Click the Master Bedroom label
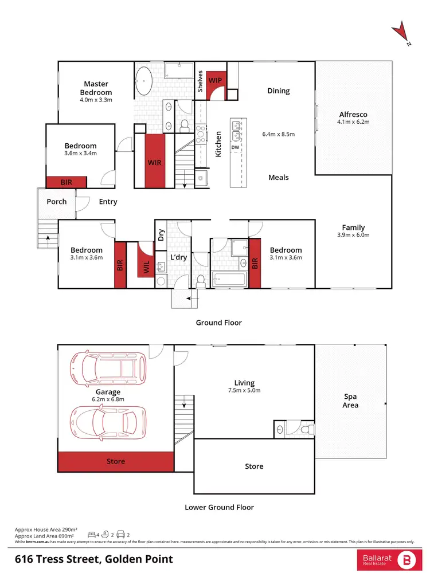[96, 88]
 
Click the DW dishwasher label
[235, 147]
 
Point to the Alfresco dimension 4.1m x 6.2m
[353, 121]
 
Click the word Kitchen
[218, 144]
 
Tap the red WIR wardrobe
[155, 162]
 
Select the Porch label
[57, 201]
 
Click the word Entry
[108, 201]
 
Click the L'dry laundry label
[179, 258]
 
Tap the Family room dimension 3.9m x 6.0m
[353, 235]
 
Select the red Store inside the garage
[115, 461]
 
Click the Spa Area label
[350, 401]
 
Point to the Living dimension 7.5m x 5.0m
[244, 391]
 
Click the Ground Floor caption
[218, 323]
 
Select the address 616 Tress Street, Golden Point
[94, 559]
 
